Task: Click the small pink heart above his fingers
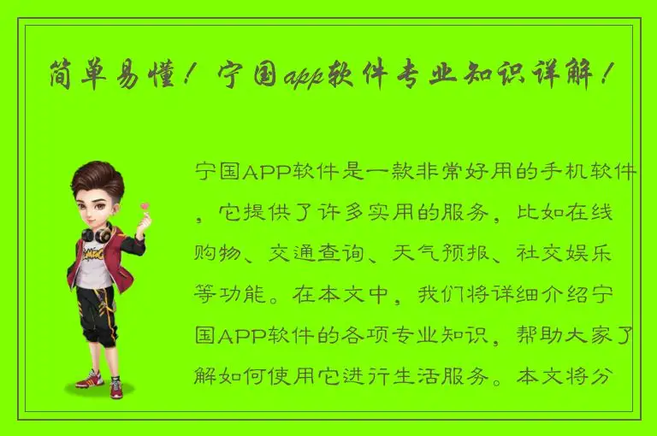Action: pyautogui.click(x=145, y=204)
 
